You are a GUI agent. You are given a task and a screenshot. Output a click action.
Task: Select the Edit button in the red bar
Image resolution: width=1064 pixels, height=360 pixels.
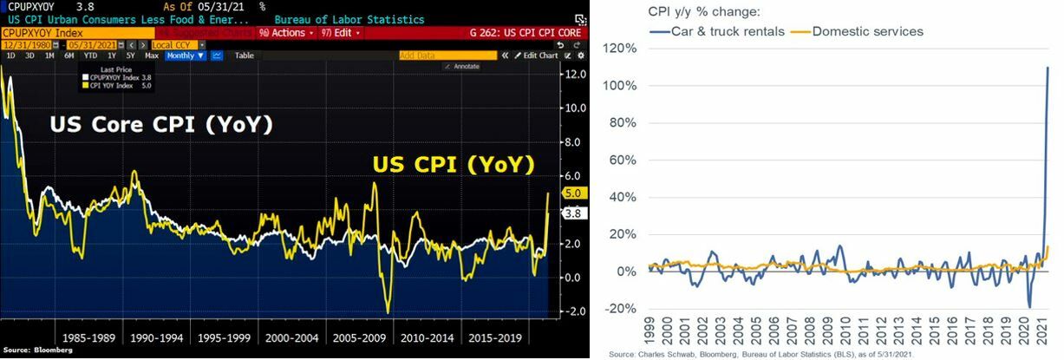(339, 32)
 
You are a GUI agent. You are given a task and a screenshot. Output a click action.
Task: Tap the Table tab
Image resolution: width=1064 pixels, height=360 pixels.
(245, 56)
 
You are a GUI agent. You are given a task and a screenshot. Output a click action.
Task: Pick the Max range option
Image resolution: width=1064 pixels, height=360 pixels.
(152, 56)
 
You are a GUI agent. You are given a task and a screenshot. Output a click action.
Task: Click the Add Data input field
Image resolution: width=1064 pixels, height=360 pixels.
(447, 56)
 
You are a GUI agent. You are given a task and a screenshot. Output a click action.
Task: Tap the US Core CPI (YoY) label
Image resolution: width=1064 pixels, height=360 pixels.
(162, 126)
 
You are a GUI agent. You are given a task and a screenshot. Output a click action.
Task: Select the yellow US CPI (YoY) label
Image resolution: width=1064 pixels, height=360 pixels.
(453, 163)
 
